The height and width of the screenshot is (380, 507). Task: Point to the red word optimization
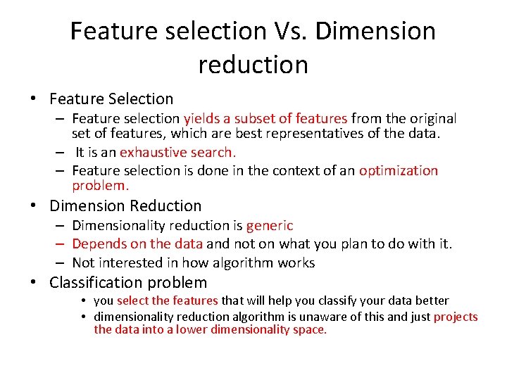click(x=398, y=171)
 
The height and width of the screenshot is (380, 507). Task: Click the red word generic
click(x=270, y=226)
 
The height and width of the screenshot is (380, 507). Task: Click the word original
click(x=429, y=119)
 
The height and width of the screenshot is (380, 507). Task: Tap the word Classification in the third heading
click(x=96, y=283)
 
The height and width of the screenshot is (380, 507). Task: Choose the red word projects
click(x=456, y=317)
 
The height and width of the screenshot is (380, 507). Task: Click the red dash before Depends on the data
click(x=62, y=244)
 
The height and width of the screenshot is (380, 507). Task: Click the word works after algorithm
click(x=296, y=263)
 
